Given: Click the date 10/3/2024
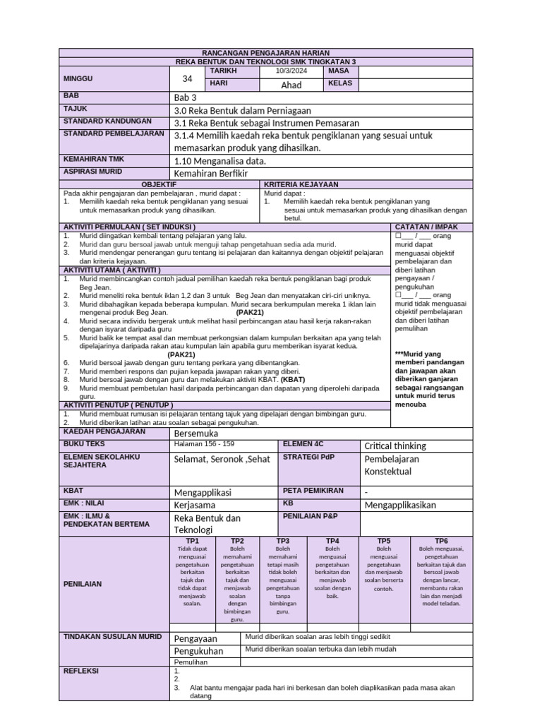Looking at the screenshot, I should click(x=291, y=71).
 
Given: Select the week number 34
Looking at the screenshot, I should click(x=187, y=78).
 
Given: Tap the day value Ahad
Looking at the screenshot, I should click(x=291, y=85).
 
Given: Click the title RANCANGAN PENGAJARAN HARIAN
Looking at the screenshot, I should click(x=265, y=53).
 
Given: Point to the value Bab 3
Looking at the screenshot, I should click(x=185, y=97).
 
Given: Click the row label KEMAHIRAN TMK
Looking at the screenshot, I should click(x=94, y=160).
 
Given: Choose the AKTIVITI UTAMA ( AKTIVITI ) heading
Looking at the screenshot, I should click(x=112, y=270).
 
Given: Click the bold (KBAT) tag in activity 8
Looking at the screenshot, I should click(x=292, y=379).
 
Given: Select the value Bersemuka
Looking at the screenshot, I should click(x=196, y=433).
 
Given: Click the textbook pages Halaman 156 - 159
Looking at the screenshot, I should click(x=203, y=445).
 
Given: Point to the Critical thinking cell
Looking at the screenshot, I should click(x=395, y=446).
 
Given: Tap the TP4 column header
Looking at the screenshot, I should click(x=332, y=540).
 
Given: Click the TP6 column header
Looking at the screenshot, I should click(x=441, y=540).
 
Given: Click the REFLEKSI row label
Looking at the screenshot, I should click(x=81, y=671).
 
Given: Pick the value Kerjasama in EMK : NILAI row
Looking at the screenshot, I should click(x=197, y=505).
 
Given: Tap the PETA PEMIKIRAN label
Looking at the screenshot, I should click(x=313, y=490).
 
